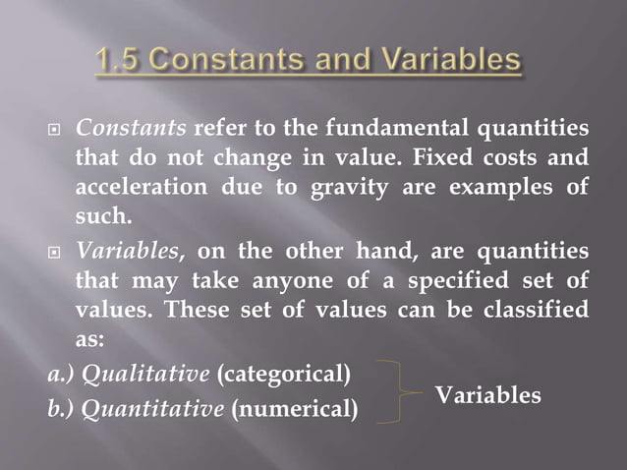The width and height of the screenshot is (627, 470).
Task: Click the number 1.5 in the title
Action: click(x=124, y=62)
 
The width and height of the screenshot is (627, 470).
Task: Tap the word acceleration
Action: click(x=134, y=187)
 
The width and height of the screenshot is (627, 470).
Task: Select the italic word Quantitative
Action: click(x=153, y=407)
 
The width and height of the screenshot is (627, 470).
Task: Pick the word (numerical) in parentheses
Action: click(x=294, y=407)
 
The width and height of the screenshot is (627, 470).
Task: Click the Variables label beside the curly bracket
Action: click(x=488, y=394)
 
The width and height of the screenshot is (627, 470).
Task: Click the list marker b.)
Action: click(x=61, y=407)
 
